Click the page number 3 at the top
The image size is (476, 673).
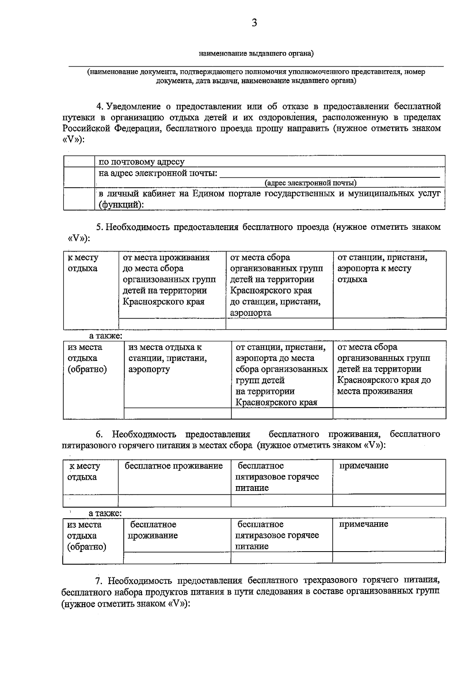pos(254,23)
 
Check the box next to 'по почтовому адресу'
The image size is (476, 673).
pos(79,162)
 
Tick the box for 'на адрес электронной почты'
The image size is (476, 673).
pos(79,177)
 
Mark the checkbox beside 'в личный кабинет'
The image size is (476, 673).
pos(79,199)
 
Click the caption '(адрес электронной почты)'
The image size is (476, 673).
pos(310,183)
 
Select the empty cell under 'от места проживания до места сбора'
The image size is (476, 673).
pos(172,324)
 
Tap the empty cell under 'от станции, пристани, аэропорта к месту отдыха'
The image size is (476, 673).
pos(390,324)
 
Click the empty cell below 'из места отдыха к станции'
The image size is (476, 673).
pos(178,413)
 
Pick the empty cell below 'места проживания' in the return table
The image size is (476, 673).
pos(390,413)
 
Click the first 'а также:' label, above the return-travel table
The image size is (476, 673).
pos(106,336)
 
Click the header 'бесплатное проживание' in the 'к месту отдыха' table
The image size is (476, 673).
pos(174,466)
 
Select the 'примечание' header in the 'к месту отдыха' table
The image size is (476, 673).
pos(364,465)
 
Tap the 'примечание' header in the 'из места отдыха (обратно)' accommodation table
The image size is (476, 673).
pos(364,524)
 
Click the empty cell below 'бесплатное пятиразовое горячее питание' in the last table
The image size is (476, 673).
pos(282,558)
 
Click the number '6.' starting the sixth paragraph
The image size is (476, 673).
pos(99,434)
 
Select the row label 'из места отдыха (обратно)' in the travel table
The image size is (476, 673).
pos(87,358)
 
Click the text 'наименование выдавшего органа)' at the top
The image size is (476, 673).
pos(256,53)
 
